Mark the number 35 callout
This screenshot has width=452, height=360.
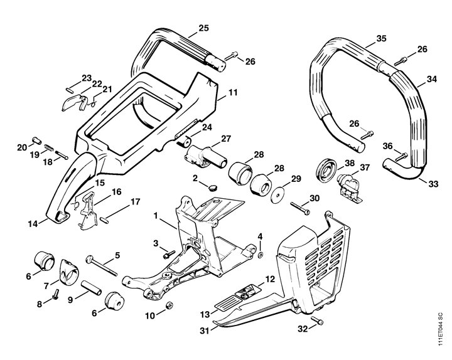click(380, 39)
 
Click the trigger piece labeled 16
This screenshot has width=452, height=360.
click(86, 211)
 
